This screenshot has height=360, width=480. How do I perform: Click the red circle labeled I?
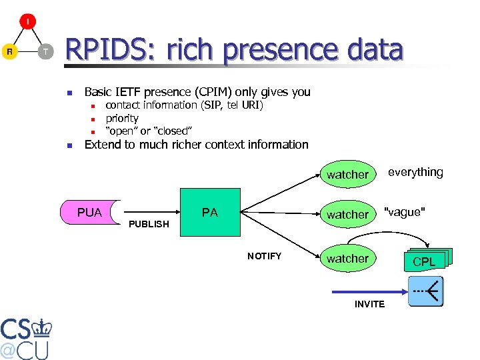[28, 22]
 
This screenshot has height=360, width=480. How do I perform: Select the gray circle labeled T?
[45, 51]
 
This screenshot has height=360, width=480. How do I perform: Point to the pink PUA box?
[90, 213]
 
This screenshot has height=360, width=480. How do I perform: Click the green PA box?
[210, 213]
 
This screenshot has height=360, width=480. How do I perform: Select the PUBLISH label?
[149, 224]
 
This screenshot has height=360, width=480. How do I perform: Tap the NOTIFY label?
[265, 256]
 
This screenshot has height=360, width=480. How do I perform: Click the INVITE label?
[369, 304]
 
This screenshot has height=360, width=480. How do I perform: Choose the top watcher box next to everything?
[347, 175]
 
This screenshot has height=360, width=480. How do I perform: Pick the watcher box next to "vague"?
[347, 215]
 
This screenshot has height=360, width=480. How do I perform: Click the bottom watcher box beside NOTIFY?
[347, 259]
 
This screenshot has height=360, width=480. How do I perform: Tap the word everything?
[415, 173]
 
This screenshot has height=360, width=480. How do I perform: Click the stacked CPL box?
[425, 261]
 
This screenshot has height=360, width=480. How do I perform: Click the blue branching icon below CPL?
[425, 291]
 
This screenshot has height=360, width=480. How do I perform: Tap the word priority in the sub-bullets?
[122, 118]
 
